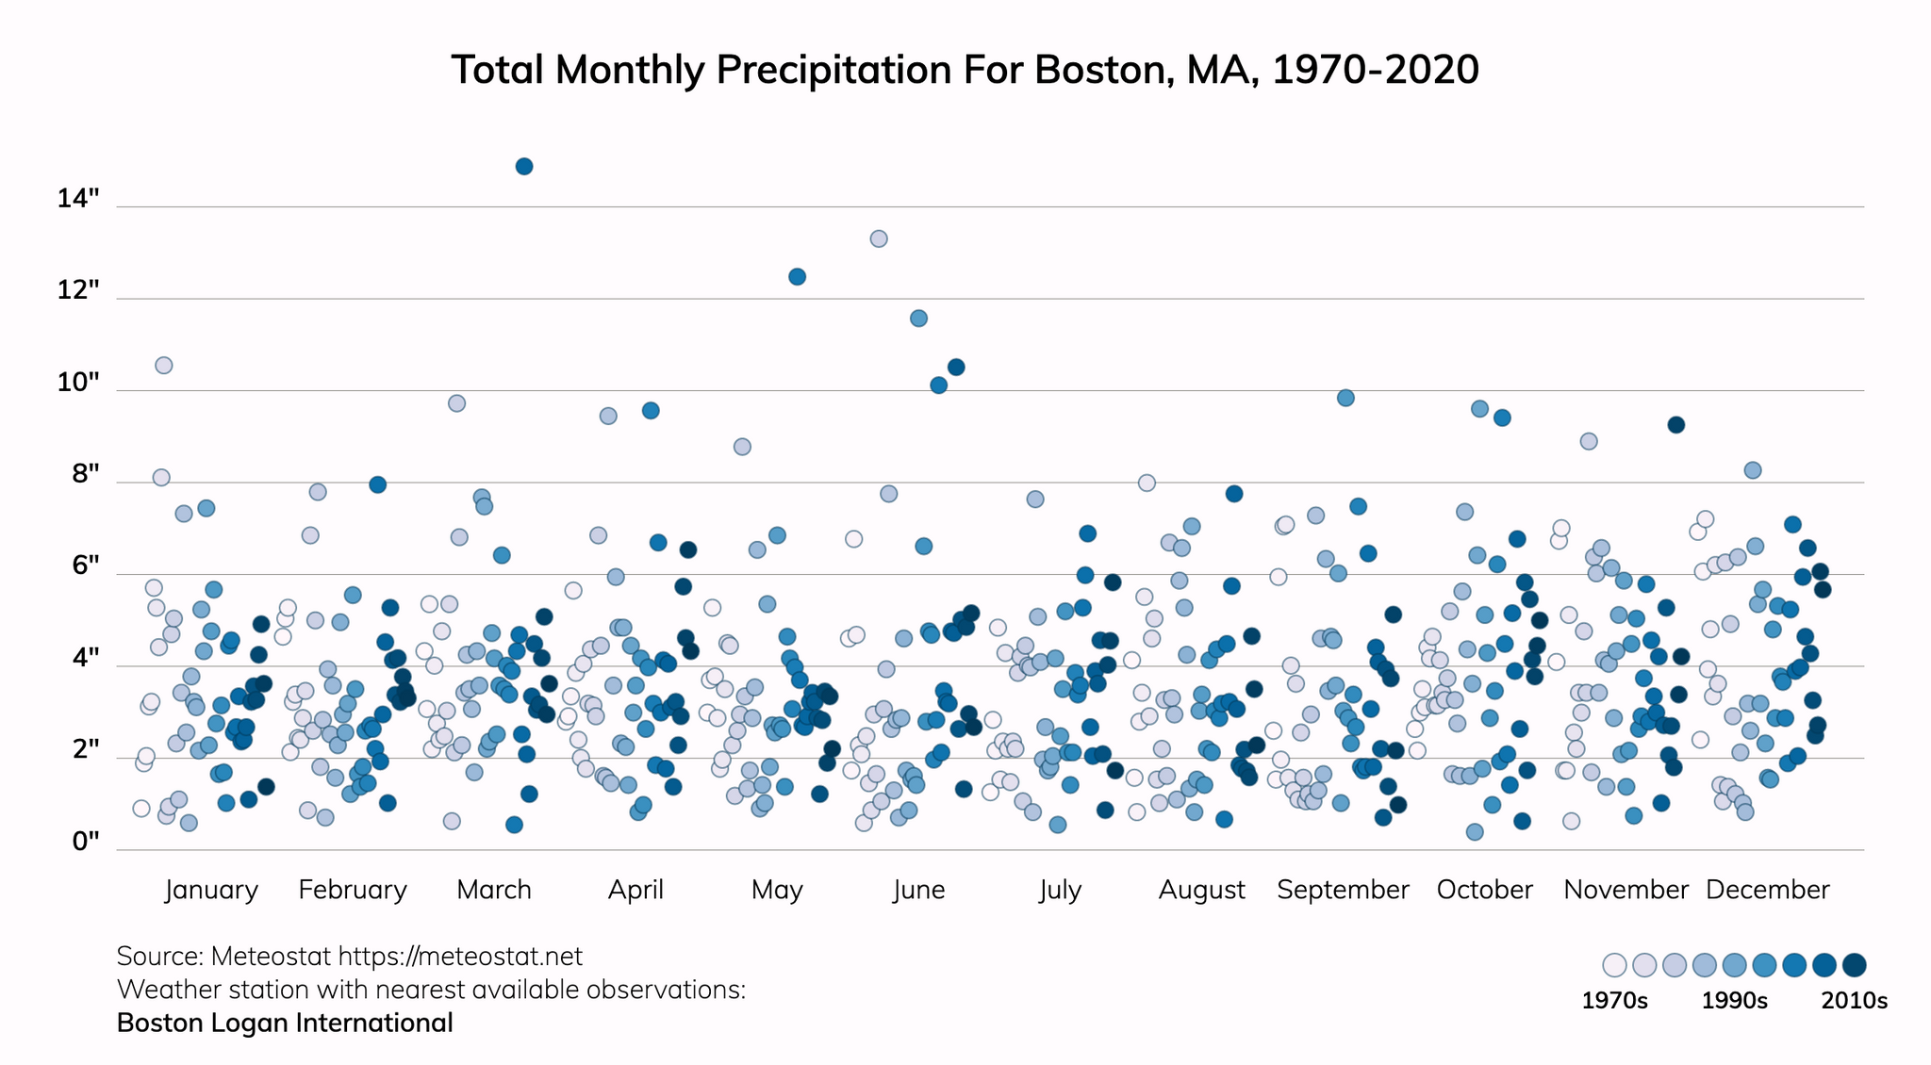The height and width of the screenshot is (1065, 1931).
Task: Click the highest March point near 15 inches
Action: coord(524,167)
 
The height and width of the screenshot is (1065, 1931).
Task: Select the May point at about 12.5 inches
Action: coord(797,276)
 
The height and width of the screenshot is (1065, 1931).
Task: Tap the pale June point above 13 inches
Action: coord(879,238)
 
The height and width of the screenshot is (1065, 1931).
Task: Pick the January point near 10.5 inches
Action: coord(164,366)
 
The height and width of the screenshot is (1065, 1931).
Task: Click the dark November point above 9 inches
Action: coord(1675,425)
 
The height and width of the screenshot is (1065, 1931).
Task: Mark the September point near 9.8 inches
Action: coord(1345,398)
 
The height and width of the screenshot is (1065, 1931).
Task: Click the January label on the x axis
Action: coord(211,890)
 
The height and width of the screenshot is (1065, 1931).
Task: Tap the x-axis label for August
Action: coord(1201,890)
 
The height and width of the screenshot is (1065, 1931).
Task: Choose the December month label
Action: coord(1767,890)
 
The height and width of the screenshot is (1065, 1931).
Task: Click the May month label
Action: coord(777,890)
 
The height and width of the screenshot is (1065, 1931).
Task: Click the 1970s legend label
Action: coord(1614,1001)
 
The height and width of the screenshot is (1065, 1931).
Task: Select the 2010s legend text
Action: coord(1854,1001)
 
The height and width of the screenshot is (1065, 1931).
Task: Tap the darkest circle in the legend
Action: coord(1855,965)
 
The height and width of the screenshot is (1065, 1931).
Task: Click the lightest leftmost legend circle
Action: coord(1614,965)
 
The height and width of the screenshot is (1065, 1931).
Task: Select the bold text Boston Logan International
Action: coord(285,1023)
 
